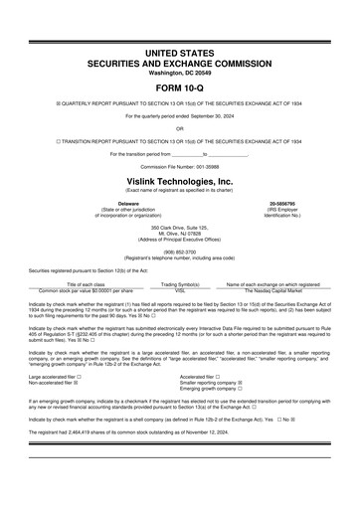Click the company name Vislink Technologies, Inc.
tap(180, 182)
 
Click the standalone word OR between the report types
tap(180, 128)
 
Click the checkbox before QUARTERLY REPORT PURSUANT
tap(31, 102)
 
